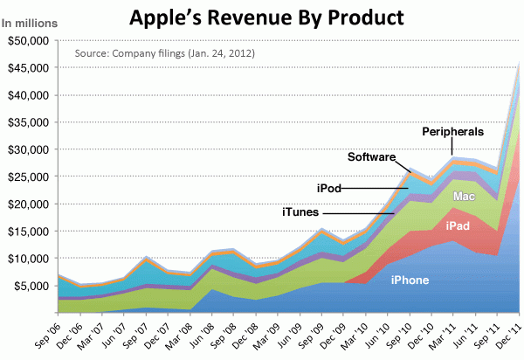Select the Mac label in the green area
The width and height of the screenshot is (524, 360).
[x=464, y=197]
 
